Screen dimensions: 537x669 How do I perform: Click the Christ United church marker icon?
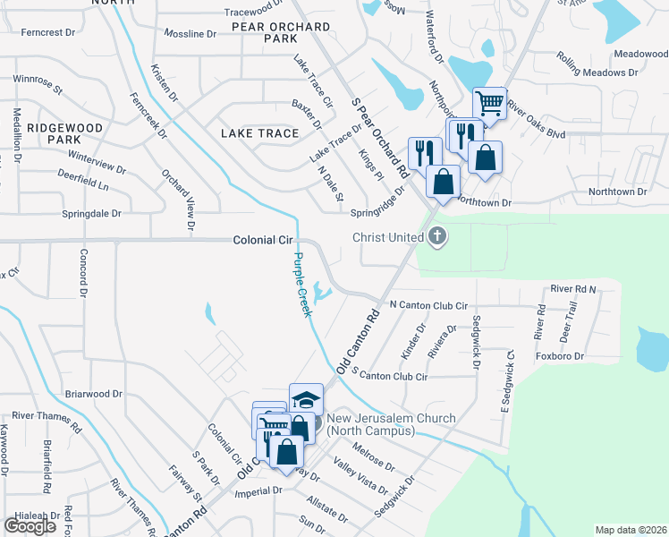pos(437,237)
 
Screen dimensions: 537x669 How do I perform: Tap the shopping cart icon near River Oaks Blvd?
pos(489,104)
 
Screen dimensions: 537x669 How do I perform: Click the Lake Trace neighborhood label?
pos(259,133)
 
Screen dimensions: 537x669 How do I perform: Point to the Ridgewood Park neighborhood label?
pos(64,133)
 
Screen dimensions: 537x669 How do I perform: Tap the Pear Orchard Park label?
pos(281,33)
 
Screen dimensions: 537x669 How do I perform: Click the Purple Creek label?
pos(302,285)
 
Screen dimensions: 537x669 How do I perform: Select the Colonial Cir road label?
pos(263,241)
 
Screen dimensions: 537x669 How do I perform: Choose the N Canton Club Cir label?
pos(428,305)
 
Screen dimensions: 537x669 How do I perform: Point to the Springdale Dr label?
pos(91,214)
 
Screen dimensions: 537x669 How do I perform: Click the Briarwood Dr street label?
pos(93,394)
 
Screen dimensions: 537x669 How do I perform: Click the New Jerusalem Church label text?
pos(391,424)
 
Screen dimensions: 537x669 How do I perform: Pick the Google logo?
pos(30,525)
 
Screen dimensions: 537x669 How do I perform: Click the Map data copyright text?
pos(631,530)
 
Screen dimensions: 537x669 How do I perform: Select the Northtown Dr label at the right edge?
pos(617,192)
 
